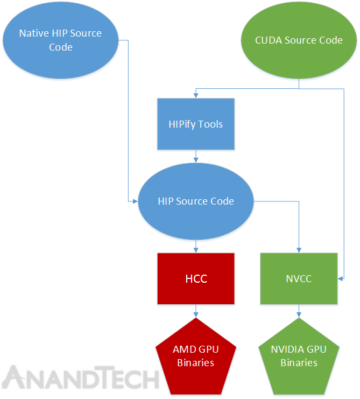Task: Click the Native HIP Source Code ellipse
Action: click(x=60, y=40)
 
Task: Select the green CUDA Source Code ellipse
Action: click(x=299, y=40)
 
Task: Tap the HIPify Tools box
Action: click(x=196, y=124)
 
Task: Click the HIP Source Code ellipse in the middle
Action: click(x=196, y=201)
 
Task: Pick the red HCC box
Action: click(x=196, y=279)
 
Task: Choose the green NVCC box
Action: click(x=299, y=279)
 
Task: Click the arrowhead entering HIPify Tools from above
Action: click(x=196, y=95)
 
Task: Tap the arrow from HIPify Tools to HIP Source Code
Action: click(x=196, y=156)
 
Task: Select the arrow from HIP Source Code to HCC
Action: click(x=196, y=247)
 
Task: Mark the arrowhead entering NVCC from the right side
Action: click(x=340, y=278)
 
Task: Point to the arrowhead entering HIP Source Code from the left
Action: click(x=136, y=201)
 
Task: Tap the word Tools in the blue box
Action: click(x=210, y=124)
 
